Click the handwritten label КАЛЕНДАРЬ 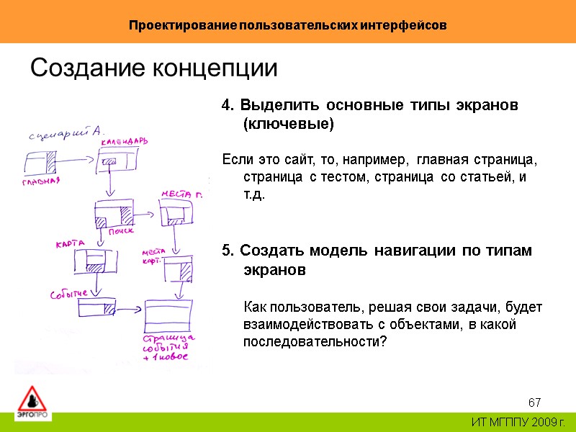tap(123, 142)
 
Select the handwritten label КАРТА tap(71, 243)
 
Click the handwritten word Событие tap(68, 294)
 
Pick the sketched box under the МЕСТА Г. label tap(176, 212)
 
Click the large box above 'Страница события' tap(169, 315)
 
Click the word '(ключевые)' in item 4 tap(289, 124)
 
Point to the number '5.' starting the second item tap(228, 251)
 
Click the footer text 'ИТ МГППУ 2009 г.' tap(518, 421)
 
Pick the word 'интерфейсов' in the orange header tap(410, 25)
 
